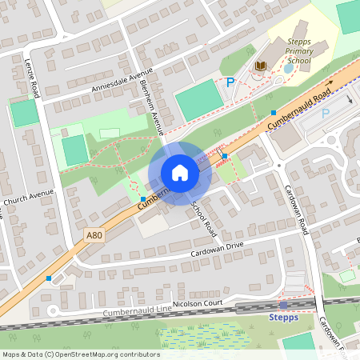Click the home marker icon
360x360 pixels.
[180, 173]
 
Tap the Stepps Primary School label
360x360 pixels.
[290, 50]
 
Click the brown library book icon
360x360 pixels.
[260, 65]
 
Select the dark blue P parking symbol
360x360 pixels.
[230, 82]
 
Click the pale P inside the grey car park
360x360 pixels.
[326, 113]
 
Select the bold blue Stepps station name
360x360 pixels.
[283, 317]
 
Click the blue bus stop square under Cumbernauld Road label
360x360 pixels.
[274, 112]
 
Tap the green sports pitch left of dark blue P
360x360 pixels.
[198, 99]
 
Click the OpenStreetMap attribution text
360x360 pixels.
[81, 354]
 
